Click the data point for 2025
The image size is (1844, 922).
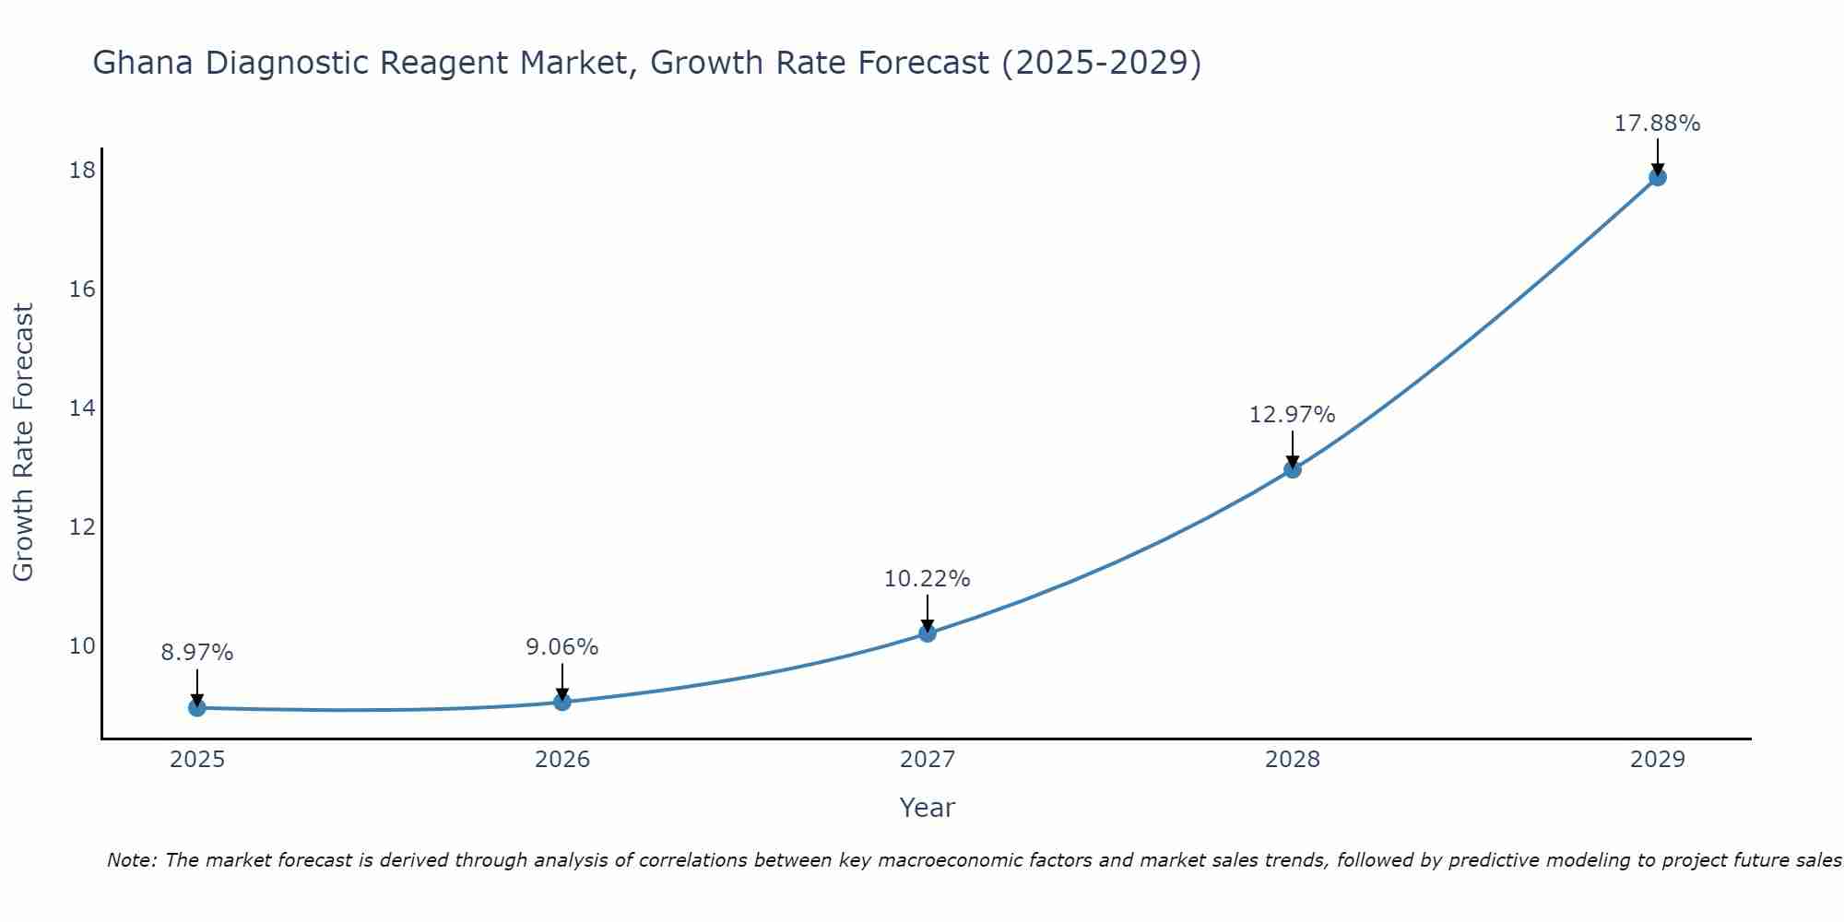[x=197, y=707]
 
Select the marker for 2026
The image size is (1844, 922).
[x=562, y=702]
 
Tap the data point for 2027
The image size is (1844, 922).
[x=928, y=632]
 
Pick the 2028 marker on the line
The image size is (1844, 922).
[x=1293, y=469]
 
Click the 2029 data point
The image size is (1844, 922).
[x=1657, y=177]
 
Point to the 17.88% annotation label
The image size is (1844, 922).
[x=1657, y=124]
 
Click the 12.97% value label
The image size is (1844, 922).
[x=1292, y=415]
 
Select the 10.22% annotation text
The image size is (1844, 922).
[x=927, y=579]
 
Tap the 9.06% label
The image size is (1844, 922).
[x=561, y=647]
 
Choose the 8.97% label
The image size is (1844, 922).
[x=197, y=653]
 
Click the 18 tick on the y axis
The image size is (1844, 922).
[x=82, y=171]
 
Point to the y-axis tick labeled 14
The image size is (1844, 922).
[x=82, y=408]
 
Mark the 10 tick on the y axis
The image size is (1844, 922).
[x=82, y=646]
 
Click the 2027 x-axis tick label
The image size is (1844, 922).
[x=928, y=760]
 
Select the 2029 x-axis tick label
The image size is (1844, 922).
[x=1657, y=760]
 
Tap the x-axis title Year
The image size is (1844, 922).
[x=927, y=808]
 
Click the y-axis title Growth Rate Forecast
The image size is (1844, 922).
[x=23, y=443]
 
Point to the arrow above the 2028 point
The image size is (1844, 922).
[x=1293, y=449]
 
